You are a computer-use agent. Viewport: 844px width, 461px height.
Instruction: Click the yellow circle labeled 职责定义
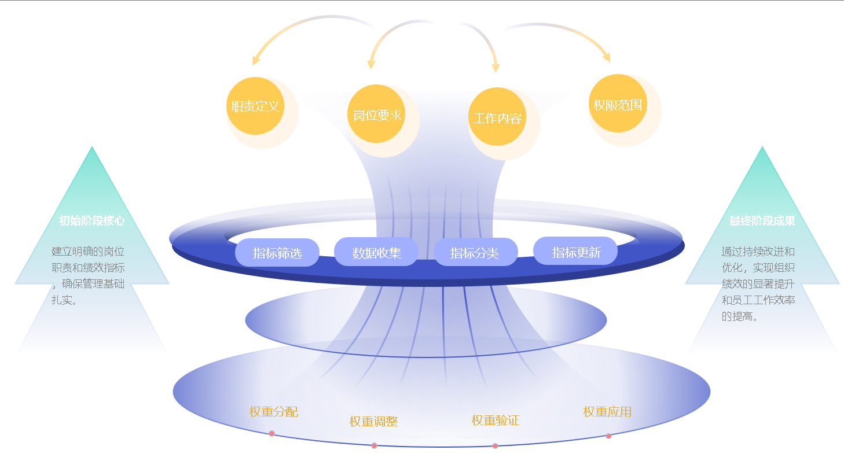click(x=255, y=106)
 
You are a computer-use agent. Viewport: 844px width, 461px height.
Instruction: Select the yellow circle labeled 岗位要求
click(x=377, y=115)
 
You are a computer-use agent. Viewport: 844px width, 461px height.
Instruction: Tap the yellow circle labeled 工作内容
click(x=497, y=117)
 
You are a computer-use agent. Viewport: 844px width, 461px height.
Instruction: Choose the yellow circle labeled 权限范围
click(x=618, y=104)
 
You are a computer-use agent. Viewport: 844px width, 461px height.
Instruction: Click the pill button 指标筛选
click(x=277, y=253)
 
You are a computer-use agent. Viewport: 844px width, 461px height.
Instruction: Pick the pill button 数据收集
click(x=376, y=252)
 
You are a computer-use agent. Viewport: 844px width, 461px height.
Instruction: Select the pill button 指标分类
click(x=475, y=252)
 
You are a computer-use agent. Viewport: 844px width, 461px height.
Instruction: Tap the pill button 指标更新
click(x=575, y=252)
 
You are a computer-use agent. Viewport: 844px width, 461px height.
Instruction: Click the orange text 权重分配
click(x=274, y=412)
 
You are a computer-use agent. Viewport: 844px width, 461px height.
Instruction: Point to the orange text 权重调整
click(x=373, y=422)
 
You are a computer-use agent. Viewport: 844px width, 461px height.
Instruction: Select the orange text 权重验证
click(x=496, y=421)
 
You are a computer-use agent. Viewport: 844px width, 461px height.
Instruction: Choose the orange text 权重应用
click(x=607, y=412)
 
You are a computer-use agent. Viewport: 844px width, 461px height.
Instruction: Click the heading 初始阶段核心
click(x=91, y=221)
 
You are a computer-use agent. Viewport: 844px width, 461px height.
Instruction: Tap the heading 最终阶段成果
click(x=762, y=221)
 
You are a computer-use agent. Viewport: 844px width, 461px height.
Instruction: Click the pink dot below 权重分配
click(x=271, y=433)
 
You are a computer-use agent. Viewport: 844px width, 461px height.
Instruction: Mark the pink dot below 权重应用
click(x=608, y=436)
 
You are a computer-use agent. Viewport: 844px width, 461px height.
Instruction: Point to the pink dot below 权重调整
click(x=374, y=445)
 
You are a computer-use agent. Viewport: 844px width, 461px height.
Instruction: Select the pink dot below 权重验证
click(x=495, y=445)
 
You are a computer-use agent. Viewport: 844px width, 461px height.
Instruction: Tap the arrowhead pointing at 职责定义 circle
click(x=255, y=61)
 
